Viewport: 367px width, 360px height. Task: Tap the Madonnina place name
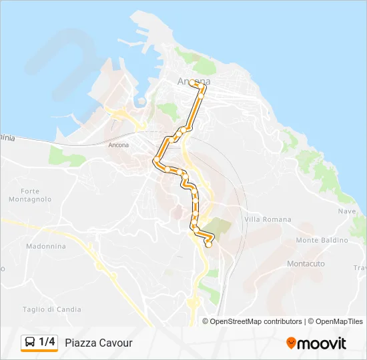click(45, 246)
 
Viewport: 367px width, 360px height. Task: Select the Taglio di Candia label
click(52, 309)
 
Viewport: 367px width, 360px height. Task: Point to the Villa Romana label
click(268, 219)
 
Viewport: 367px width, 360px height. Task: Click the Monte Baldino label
click(322, 240)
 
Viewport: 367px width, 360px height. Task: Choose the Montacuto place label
click(306, 264)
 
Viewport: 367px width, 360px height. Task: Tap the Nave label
click(347, 211)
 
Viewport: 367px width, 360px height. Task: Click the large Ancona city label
click(194, 82)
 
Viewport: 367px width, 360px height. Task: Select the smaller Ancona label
click(118, 145)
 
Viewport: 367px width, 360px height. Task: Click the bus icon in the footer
click(30, 343)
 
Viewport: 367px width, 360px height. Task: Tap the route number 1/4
click(47, 343)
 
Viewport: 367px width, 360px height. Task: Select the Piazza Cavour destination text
click(99, 343)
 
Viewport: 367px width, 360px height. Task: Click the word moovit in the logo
click(322, 343)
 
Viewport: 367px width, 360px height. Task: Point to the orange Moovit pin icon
click(291, 343)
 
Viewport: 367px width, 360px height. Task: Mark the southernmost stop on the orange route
click(208, 245)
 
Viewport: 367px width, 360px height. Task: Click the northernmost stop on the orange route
click(192, 83)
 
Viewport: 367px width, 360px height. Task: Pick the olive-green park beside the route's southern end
click(220, 226)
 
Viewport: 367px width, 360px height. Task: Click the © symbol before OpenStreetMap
click(206, 321)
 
